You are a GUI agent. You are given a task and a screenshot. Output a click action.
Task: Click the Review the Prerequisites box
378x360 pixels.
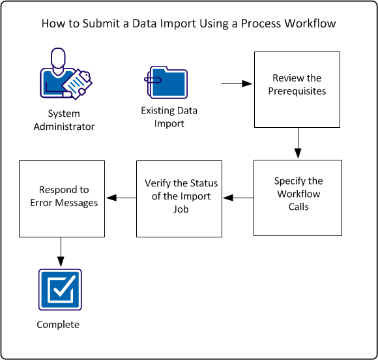click(297, 90)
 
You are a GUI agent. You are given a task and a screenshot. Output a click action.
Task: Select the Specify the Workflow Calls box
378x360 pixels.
click(297, 198)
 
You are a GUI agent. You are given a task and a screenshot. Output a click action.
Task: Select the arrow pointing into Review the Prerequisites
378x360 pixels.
click(237, 84)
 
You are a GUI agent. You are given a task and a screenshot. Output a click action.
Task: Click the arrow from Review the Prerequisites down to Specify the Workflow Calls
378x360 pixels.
click(298, 143)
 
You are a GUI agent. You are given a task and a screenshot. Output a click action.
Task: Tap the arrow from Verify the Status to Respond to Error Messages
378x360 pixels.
click(121, 198)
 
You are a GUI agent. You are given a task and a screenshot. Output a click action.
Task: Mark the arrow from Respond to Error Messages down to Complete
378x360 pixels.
click(61, 252)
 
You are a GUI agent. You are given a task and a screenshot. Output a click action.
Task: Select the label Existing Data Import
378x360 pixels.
click(169, 117)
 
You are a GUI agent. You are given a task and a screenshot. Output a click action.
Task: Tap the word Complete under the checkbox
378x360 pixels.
click(58, 324)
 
